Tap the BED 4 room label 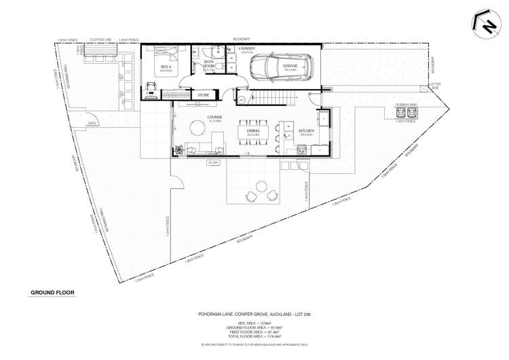[x=166, y=67]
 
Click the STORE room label [x=203, y=96]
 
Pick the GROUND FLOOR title [x=52, y=293]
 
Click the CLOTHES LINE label [x=102, y=41]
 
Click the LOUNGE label [x=196, y=117]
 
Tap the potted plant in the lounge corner [x=178, y=150]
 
